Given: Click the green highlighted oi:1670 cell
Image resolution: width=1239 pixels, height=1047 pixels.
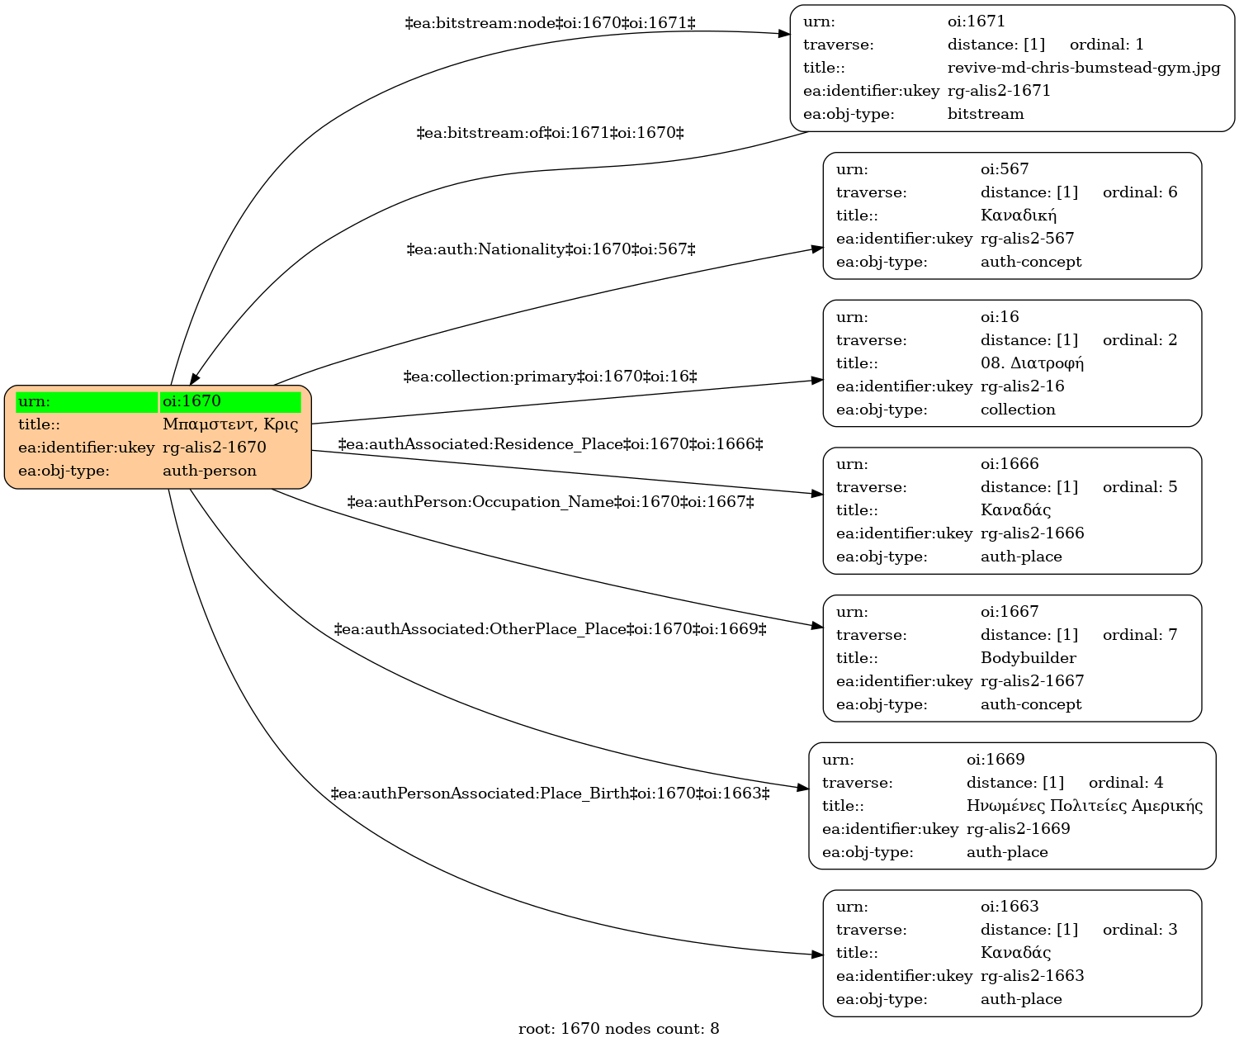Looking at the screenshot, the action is pyautogui.click(x=230, y=402).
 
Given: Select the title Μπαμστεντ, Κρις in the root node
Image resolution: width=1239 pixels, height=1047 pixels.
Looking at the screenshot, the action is pyautogui.click(x=230, y=424).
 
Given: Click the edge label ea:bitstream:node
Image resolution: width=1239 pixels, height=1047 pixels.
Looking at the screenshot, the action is pyautogui.click(x=550, y=24).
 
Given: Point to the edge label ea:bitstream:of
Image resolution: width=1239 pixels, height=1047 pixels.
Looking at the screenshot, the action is pyautogui.click(x=550, y=133).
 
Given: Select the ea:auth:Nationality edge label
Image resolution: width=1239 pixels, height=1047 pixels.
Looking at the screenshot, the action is pyautogui.click(x=551, y=249).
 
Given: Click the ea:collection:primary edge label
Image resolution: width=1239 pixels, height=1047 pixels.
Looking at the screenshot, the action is pyautogui.click(x=550, y=377).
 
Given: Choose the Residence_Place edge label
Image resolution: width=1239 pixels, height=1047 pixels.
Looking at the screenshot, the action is pyautogui.click(x=550, y=444).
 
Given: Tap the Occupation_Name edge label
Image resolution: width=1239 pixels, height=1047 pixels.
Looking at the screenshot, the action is pyautogui.click(x=550, y=502).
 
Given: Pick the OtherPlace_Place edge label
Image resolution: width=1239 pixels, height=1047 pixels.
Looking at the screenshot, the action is pyautogui.click(x=550, y=629).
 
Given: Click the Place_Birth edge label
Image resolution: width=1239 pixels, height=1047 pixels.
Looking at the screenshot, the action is pyautogui.click(x=550, y=794).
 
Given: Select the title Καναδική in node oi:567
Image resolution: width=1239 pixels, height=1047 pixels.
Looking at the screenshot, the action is pyautogui.click(x=1019, y=216).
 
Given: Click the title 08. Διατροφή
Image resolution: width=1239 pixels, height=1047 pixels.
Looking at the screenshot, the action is pyautogui.click(x=1032, y=363).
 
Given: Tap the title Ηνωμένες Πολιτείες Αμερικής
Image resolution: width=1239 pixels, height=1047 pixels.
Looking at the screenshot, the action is pyautogui.click(x=1084, y=806).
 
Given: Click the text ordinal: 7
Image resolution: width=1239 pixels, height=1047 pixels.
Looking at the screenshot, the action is pyautogui.click(x=1139, y=635).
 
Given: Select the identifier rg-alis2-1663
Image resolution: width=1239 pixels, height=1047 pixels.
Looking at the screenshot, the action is pyautogui.click(x=1032, y=976).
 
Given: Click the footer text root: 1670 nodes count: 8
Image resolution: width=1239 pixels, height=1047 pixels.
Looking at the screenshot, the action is pyautogui.click(x=618, y=1029).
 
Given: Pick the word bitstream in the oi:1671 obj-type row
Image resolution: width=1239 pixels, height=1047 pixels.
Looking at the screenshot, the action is pyautogui.click(x=985, y=114).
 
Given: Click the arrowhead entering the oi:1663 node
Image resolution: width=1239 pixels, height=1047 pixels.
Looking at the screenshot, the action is pyautogui.click(x=817, y=955).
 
